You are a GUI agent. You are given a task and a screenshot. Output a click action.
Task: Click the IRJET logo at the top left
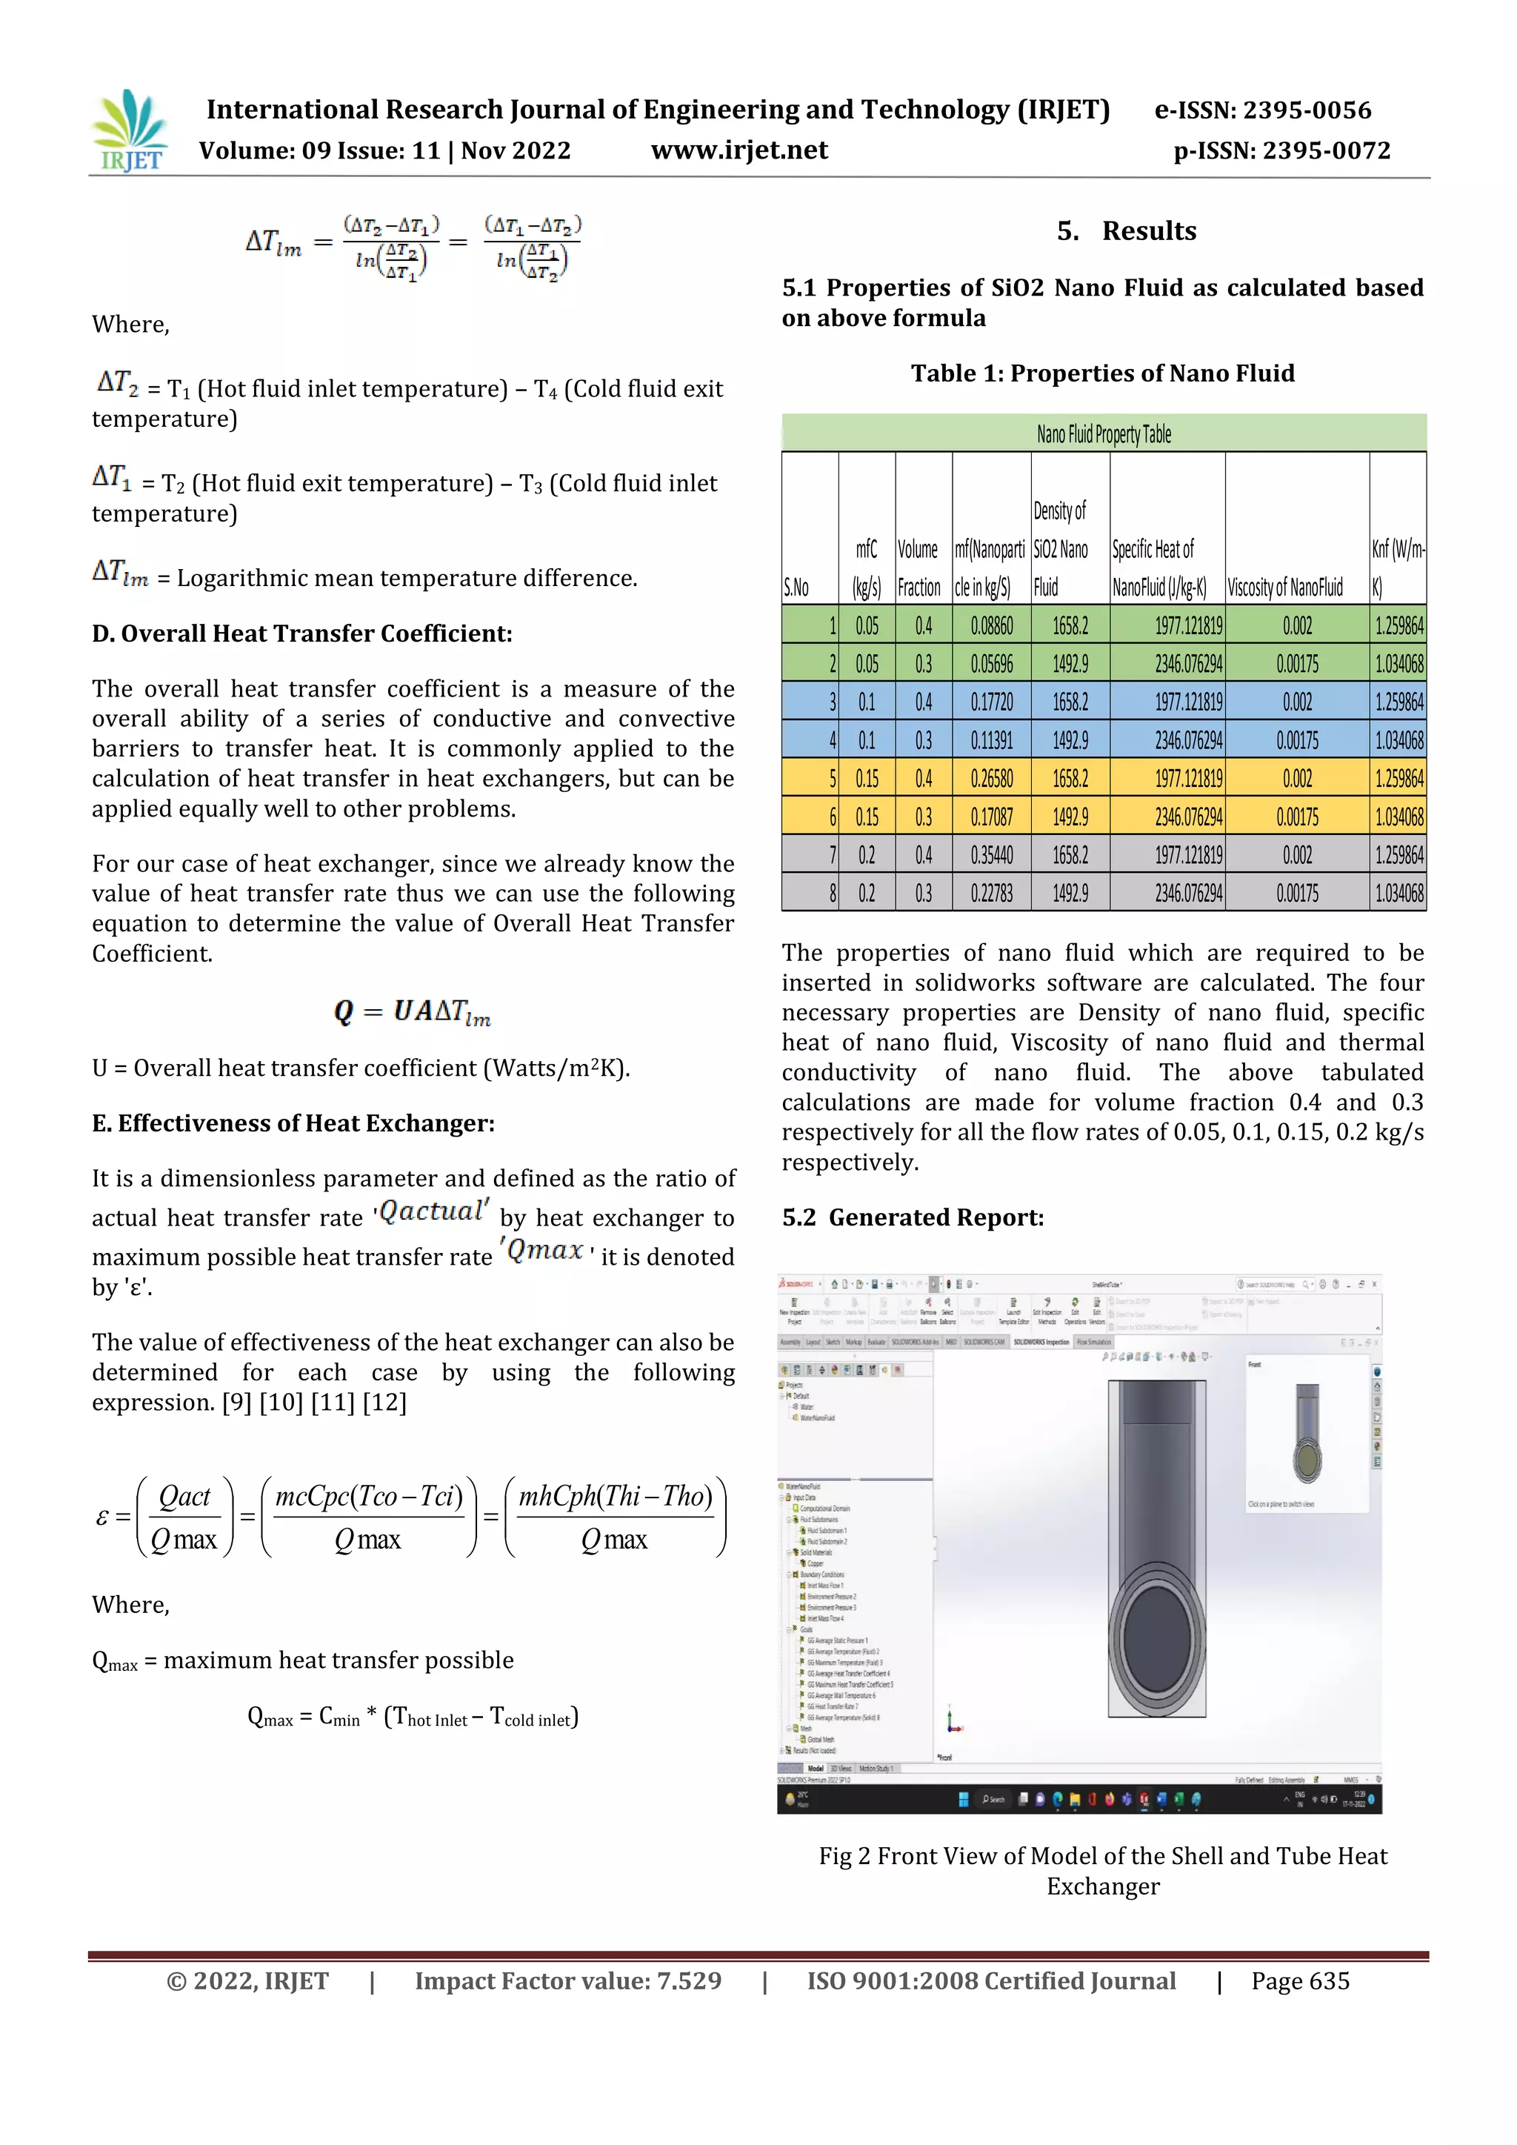click(130, 131)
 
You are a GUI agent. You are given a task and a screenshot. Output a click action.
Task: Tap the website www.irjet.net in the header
click(739, 150)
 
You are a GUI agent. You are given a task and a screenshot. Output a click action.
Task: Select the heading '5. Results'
click(1126, 230)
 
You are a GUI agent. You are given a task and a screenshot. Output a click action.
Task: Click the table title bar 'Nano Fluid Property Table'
click(1103, 433)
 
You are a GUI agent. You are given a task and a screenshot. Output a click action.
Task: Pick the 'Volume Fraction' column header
click(919, 568)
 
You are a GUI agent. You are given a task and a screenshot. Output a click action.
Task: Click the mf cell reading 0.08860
click(991, 625)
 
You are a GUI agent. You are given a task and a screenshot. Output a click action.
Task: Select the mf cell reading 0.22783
click(991, 893)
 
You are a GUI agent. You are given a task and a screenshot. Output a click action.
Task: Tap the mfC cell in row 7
click(867, 855)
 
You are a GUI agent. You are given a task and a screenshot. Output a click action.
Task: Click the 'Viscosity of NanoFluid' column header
click(1284, 587)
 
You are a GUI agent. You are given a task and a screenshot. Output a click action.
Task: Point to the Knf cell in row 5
click(1398, 778)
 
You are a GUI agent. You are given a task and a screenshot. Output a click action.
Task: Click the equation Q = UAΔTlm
click(412, 1012)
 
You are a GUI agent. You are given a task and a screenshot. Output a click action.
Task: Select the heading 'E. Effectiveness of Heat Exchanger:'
click(293, 1123)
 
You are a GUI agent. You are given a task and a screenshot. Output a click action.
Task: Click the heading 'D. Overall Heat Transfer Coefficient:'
click(301, 633)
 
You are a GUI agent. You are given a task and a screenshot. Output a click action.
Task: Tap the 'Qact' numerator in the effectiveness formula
click(184, 1497)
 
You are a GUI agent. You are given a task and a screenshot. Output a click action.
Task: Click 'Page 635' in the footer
click(1300, 1981)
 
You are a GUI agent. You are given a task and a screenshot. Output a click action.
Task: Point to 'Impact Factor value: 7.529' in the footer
click(568, 1981)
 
